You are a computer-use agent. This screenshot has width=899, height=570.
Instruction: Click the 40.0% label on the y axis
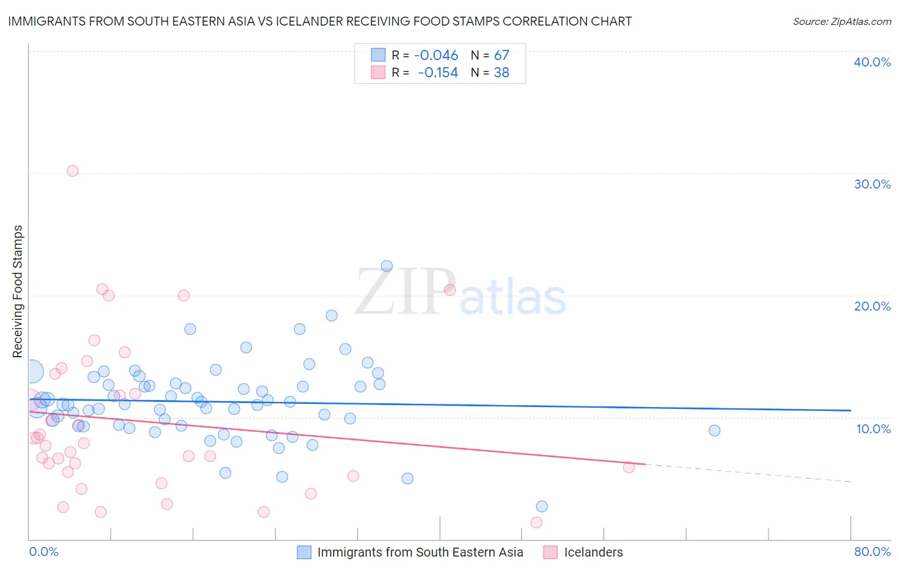point(872,62)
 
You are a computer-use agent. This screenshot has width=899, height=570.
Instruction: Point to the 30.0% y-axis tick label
point(872,184)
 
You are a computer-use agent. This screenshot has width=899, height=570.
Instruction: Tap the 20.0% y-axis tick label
point(872,306)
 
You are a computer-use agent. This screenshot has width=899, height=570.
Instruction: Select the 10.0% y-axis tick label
point(873,429)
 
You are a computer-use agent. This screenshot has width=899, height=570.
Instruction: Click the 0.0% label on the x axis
point(43,551)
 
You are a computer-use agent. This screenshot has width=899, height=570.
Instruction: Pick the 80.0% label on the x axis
point(872,551)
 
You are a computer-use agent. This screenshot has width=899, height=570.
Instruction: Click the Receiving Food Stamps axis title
point(18,291)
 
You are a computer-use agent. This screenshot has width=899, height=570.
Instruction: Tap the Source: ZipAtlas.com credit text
point(841,22)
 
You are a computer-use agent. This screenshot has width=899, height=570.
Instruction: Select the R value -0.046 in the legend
point(436,56)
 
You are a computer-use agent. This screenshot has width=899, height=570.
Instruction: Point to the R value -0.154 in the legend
point(438,73)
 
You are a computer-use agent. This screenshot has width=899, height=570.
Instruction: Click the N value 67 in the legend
point(501,56)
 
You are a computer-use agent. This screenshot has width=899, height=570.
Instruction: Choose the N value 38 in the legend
point(501,73)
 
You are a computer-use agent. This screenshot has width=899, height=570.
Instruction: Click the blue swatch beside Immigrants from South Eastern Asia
point(304,552)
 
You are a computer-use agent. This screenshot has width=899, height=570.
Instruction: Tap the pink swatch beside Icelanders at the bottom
point(550,552)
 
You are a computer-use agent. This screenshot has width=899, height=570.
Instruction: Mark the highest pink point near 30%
point(73,171)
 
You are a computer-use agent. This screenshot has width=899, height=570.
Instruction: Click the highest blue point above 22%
point(387,266)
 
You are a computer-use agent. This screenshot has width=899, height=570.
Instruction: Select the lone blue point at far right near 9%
point(714,431)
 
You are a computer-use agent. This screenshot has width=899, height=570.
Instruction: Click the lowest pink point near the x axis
point(536,522)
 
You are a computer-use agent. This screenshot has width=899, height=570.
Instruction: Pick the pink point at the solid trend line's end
point(629,467)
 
